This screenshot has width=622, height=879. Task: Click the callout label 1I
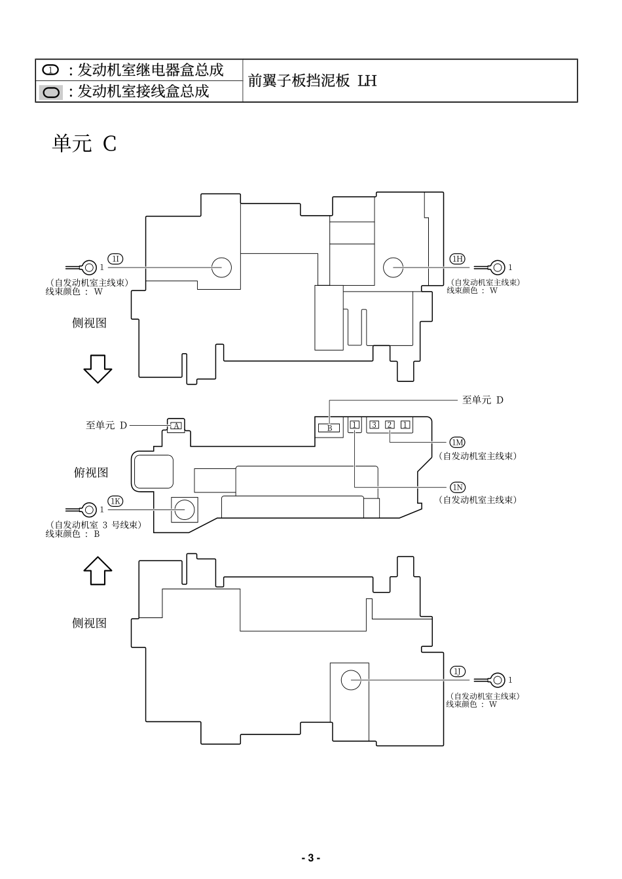pyautogui.click(x=115, y=258)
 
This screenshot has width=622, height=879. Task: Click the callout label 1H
pyautogui.click(x=457, y=258)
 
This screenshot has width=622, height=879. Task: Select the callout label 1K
pyautogui.click(x=115, y=501)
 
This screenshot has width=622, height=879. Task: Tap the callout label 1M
pyautogui.click(x=457, y=443)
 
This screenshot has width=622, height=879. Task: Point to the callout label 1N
pyautogui.click(x=457, y=487)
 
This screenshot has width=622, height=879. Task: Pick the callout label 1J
pyautogui.click(x=457, y=672)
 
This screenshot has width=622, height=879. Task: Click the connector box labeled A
pyautogui.click(x=175, y=426)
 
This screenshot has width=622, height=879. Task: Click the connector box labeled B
pyautogui.click(x=329, y=428)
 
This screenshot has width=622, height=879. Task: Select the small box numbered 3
pyautogui.click(x=374, y=425)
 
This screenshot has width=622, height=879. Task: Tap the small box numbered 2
pyautogui.click(x=390, y=425)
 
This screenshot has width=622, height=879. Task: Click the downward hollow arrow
pyautogui.click(x=98, y=368)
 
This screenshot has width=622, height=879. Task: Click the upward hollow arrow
pyautogui.click(x=98, y=570)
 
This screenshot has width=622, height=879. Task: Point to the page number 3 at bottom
pyautogui.click(x=310, y=857)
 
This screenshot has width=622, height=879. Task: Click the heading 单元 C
pyautogui.click(x=84, y=143)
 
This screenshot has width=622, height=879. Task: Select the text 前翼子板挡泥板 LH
pyautogui.click(x=312, y=81)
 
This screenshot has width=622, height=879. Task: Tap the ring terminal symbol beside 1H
pyautogui.click(x=498, y=267)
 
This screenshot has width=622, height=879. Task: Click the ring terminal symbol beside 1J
pyautogui.click(x=498, y=680)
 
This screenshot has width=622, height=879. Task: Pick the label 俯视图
pyautogui.click(x=91, y=472)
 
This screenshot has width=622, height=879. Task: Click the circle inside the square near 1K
pyautogui.click(x=184, y=509)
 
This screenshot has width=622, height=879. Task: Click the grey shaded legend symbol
pyautogui.click(x=51, y=92)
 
